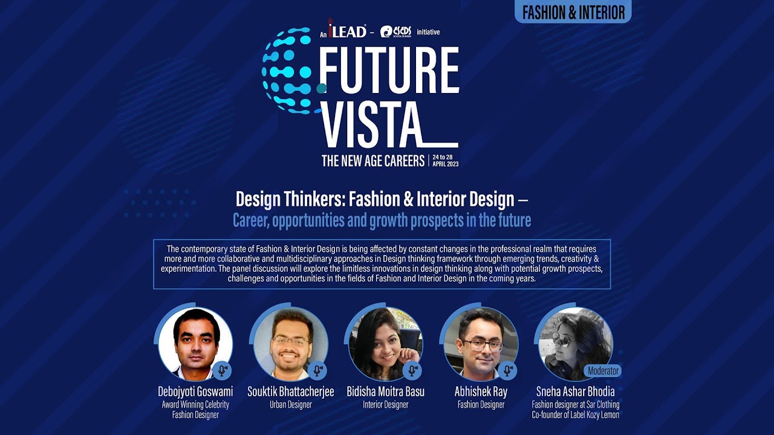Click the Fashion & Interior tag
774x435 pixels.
(x=573, y=12)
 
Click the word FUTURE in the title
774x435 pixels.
(x=388, y=71)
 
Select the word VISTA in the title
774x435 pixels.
(x=370, y=125)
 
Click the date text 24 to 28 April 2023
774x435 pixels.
(x=446, y=160)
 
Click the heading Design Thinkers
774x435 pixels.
(x=374, y=199)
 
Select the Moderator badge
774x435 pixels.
(x=603, y=370)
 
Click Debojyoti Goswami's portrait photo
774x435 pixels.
(x=195, y=343)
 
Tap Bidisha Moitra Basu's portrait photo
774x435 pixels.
(x=385, y=343)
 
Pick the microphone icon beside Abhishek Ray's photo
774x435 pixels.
(x=508, y=370)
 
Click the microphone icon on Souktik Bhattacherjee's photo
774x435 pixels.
(x=317, y=370)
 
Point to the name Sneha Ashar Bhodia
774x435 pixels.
(x=575, y=391)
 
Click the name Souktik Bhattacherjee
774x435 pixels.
(x=290, y=391)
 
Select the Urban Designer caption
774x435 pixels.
(x=290, y=405)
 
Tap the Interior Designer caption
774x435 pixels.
(x=385, y=405)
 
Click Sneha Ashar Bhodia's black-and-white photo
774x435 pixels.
(x=574, y=342)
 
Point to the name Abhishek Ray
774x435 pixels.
(x=481, y=391)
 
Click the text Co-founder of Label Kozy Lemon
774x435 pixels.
(x=575, y=415)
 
